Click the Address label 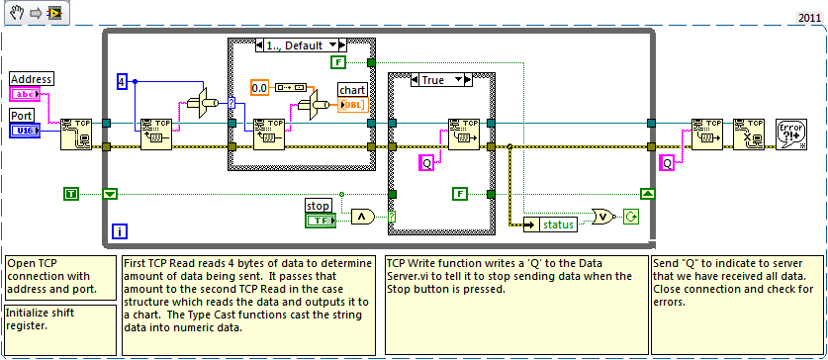(x=32, y=78)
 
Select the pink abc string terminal (x=25, y=94)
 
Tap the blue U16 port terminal (x=25, y=130)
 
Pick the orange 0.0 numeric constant (x=260, y=87)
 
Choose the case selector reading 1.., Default (x=297, y=45)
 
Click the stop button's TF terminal (x=319, y=219)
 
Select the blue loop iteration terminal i (x=118, y=231)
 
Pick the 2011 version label (x=808, y=18)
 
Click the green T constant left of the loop (x=70, y=194)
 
